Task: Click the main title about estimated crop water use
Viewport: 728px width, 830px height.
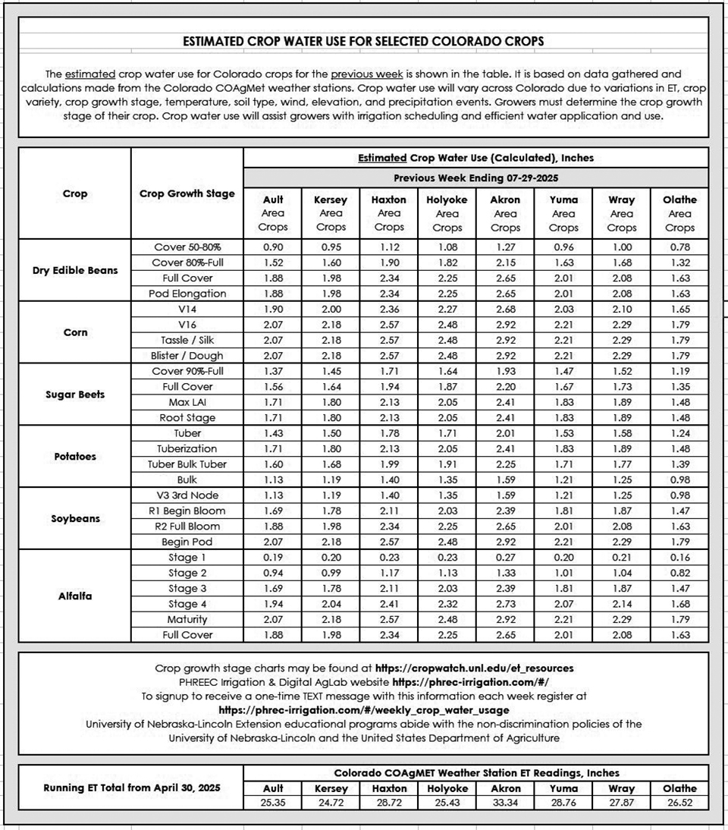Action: pyautogui.click(x=363, y=41)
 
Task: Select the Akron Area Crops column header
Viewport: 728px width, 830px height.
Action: pyautogui.click(x=505, y=213)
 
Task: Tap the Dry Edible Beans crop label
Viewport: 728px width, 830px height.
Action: pyautogui.click(x=75, y=270)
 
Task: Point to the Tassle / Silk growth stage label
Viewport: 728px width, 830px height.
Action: pyautogui.click(x=187, y=340)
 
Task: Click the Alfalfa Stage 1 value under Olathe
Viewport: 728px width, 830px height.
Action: pyautogui.click(x=679, y=557)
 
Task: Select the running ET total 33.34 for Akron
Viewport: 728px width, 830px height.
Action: pyautogui.click(x=505, y=803)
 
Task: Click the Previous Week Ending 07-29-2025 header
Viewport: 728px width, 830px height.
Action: pyautogui.click(x=475, y=178)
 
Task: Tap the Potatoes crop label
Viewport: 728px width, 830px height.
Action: pyautogui.click(x=75, y=457)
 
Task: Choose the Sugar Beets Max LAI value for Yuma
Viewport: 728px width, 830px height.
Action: pyautogui.click(x=563, y=402)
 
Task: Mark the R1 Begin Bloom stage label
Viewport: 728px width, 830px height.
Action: pyautogui.click(x=187, y=511)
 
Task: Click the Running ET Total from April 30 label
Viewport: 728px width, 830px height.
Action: pyautogui.click(x=131, y=788)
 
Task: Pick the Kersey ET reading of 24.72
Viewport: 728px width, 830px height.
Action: pyautogui.click(x=331, y=803)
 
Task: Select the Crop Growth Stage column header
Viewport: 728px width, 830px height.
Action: pyautogui.click(x=187, y=193)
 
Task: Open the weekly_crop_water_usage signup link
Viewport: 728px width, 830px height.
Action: pyautogui.click(x=363, y=710)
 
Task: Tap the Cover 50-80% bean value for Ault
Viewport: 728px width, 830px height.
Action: pyautogui.click(x=273, y=247)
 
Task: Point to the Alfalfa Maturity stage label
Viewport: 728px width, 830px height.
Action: pyautogui.click(x=187, y=619)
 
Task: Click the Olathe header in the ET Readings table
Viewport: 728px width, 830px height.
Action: pyautogui.click(x=679, y=788)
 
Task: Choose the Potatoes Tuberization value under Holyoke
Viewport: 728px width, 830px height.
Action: pyautogui.click(x=447, y=448)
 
